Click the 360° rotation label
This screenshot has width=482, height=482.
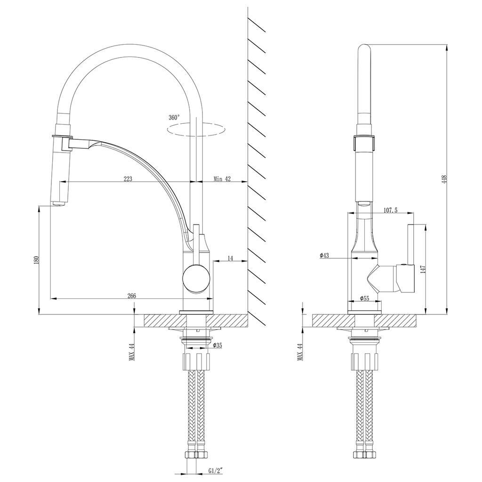click(173, 117)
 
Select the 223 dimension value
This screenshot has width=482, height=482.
click(128, 178)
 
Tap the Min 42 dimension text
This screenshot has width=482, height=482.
click(222, 178)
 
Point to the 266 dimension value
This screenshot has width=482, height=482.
click(131, 296)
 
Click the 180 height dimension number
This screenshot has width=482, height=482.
click(36, 260)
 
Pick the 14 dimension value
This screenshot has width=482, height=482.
click(230, 258)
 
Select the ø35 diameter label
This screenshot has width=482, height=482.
click(217, 345)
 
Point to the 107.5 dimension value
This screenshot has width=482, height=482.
click(391, 210)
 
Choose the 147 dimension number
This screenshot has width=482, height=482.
click(423, 269)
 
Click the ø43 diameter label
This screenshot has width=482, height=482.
click(324, 255)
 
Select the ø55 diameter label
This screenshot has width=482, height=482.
click(364, 298)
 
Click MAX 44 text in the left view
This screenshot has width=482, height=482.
click(132, 352)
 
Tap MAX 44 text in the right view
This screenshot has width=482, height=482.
click(299, 352)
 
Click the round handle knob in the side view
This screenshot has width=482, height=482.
click(194, 278)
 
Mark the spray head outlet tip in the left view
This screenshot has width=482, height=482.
click(58, 205)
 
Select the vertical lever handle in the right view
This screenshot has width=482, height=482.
click(410, 245)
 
